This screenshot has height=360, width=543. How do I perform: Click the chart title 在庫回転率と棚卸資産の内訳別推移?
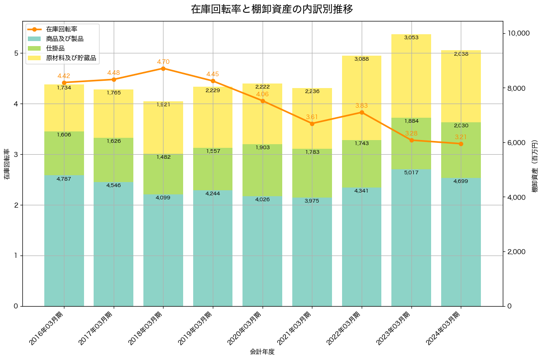[271, 9]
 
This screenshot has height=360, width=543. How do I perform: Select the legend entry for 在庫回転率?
[62, 29]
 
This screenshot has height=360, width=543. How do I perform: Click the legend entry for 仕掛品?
[55, 48]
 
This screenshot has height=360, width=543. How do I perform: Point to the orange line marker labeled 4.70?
[163, 68]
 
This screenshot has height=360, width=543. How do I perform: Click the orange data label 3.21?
[461, 137]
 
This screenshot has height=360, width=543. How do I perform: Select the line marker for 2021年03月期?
[312, 124]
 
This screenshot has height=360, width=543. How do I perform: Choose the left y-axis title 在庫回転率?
[6, 164]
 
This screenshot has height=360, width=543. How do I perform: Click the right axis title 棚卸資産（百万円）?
[535, 164]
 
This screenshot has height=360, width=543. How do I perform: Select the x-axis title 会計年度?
[262, 352]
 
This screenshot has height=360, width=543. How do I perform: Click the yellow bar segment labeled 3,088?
[362, 98]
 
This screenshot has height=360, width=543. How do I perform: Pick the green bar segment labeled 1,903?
[262, 170]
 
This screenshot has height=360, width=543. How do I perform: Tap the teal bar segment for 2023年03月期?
[411, 237]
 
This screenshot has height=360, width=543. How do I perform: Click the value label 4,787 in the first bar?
[64, 179]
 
